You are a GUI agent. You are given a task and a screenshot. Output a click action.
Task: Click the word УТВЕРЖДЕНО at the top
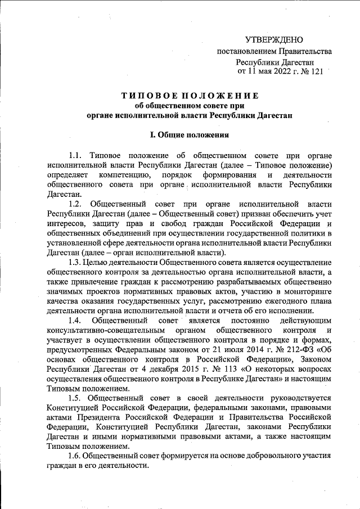click(274, 39)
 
